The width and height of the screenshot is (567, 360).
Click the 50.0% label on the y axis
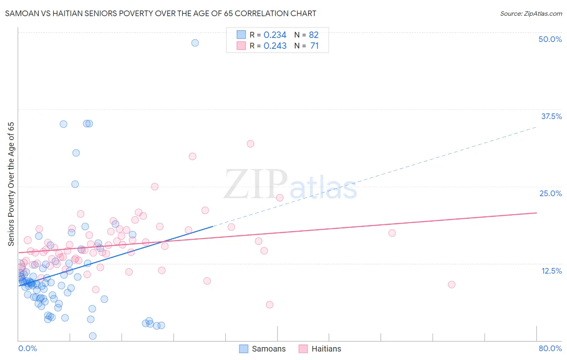pos(550,39)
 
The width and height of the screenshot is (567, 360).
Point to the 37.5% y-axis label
pos(551,116)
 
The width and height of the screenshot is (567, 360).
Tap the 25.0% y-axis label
pos(550,193)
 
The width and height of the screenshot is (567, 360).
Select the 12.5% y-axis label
pos(551,271)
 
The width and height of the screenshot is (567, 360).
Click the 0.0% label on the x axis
pos(27,348)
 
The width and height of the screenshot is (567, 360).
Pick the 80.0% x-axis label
pos(550,348)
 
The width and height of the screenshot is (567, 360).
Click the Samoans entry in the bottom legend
pos(268,349)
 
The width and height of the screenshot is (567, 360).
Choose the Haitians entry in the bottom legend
pos(326,349)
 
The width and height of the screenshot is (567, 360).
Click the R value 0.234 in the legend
pos(275,35)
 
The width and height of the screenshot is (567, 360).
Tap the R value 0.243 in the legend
pos(275,46)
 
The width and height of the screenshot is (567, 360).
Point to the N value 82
pos(313,35)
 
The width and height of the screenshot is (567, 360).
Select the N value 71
pos(314,46)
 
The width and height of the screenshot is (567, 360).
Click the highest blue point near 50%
pos(195,43)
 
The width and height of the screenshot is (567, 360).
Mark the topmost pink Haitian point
pos(250,144)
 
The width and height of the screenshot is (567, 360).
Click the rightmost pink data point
pos(451,285)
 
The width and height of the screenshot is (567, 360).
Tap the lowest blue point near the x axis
pos(92,336)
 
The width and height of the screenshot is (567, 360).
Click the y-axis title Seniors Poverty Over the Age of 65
pos(11,184)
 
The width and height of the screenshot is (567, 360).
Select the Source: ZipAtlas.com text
pos(531,13)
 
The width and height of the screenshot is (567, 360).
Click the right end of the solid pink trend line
pos(536,213)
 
